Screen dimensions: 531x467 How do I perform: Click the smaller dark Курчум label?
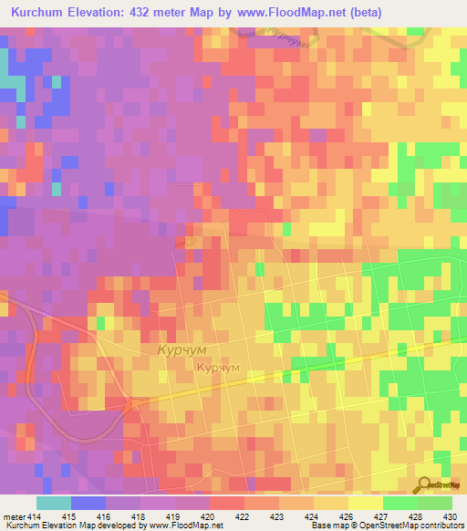(218, 367)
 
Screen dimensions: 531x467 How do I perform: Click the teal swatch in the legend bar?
(53, 503)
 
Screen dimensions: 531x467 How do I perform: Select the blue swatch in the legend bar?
(88, 503)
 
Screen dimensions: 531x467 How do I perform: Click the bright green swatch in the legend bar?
(400, 503)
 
